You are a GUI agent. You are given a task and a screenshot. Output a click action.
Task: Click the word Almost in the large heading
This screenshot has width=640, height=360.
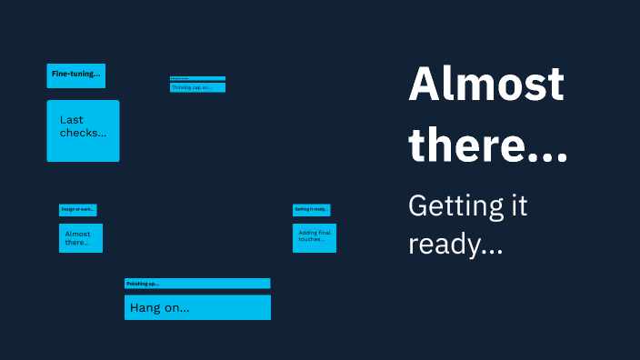click(486, 85)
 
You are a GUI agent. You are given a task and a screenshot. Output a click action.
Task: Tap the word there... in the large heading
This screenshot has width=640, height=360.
click(488, 145)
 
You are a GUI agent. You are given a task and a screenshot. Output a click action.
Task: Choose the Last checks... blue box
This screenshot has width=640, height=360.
click(83, 131)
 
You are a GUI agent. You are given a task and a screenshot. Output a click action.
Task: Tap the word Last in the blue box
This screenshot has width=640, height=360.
click(72, 120)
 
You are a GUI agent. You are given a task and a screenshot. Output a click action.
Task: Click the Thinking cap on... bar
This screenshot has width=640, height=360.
click(197, 88)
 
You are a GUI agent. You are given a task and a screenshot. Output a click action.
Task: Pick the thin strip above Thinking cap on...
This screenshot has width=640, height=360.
click(197, 79)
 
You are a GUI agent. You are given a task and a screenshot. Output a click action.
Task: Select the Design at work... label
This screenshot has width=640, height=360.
click(78, 210)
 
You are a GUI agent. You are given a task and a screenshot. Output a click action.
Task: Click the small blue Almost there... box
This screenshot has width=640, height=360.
click(81, 238)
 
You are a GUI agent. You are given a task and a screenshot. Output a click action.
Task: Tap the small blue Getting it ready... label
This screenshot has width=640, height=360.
click(311, 209)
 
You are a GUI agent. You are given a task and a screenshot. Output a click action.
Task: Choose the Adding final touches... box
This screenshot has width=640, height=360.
click(315, 238)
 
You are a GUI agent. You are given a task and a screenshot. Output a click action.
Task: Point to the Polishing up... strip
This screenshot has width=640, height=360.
click(197, 284)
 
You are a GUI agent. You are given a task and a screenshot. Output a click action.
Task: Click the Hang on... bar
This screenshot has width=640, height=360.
click(197, 307)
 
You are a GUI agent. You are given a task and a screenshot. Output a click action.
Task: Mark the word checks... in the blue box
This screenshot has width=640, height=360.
click(83, 134)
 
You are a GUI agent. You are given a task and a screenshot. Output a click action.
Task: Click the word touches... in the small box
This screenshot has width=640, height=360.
click(312, 240)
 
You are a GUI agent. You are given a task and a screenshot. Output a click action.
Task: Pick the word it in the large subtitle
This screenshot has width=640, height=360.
click(517, 206)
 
